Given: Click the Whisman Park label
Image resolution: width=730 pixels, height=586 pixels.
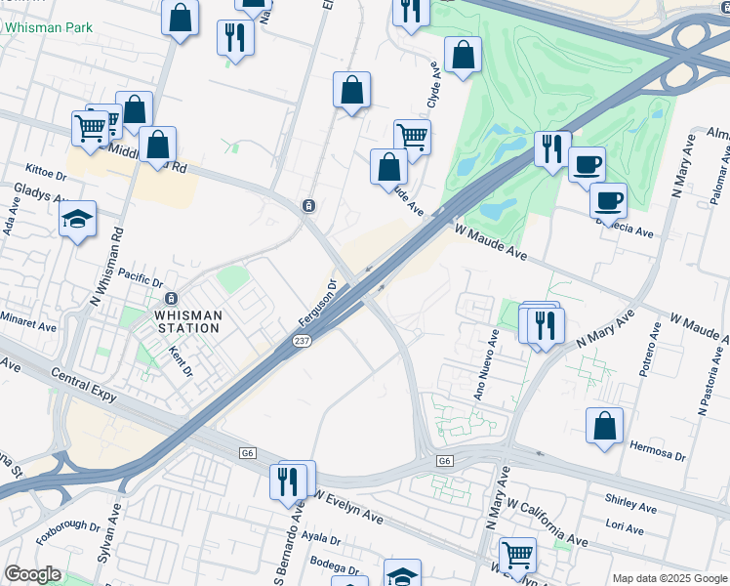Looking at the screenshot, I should (48, 27).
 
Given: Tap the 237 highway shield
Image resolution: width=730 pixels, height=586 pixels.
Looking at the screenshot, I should (303, 340).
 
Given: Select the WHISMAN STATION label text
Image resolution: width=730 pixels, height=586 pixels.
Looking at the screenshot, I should (187, 321).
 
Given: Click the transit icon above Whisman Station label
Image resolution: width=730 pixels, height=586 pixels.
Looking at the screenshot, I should (171, 298).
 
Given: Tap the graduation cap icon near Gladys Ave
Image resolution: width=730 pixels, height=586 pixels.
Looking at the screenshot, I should (77, 220).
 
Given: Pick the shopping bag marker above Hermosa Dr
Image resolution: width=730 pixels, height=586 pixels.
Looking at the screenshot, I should (604, 426).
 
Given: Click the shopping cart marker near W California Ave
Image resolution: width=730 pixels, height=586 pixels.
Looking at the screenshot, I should (517, 555).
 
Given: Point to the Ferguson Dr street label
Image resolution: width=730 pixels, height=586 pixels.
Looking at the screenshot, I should (316, 304).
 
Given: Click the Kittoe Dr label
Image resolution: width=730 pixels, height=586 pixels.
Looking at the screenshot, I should (46, 175).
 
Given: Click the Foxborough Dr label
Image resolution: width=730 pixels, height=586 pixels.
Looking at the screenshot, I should (68, 527).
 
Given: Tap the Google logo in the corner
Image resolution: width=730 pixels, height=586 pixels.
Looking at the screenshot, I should (32, 574).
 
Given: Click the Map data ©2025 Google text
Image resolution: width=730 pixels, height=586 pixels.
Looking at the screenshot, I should (669, 578).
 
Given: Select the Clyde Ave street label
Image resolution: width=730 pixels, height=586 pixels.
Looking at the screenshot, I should (432, 91).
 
